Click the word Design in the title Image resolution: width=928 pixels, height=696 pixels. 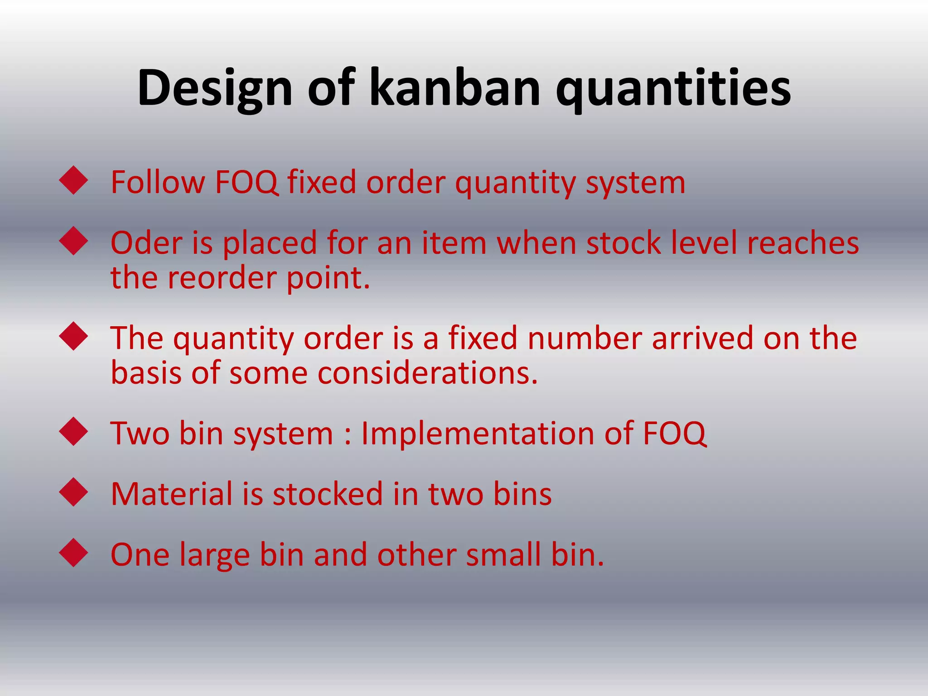(x=215, y=88)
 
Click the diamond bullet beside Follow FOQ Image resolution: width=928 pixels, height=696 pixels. (x=73, y=181)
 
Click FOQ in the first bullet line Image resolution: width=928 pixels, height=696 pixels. (x=246, y=182)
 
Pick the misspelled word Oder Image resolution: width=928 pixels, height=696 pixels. (x=145, y=243)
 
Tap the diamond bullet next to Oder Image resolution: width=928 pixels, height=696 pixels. (x=73, y=241)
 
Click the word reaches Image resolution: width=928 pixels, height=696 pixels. (x=802, y=243)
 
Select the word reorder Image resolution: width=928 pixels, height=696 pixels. (x=222, y=278)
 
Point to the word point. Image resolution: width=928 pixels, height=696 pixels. (x=328, y=278)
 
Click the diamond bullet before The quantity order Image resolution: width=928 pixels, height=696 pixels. (x=73, y=336)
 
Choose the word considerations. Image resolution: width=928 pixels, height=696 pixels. (x=427, y=373)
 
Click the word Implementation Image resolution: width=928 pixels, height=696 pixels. (x=478, y=433)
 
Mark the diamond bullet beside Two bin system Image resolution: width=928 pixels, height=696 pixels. (x=73, y=432)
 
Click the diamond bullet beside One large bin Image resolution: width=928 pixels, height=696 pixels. (x=73, y=553)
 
